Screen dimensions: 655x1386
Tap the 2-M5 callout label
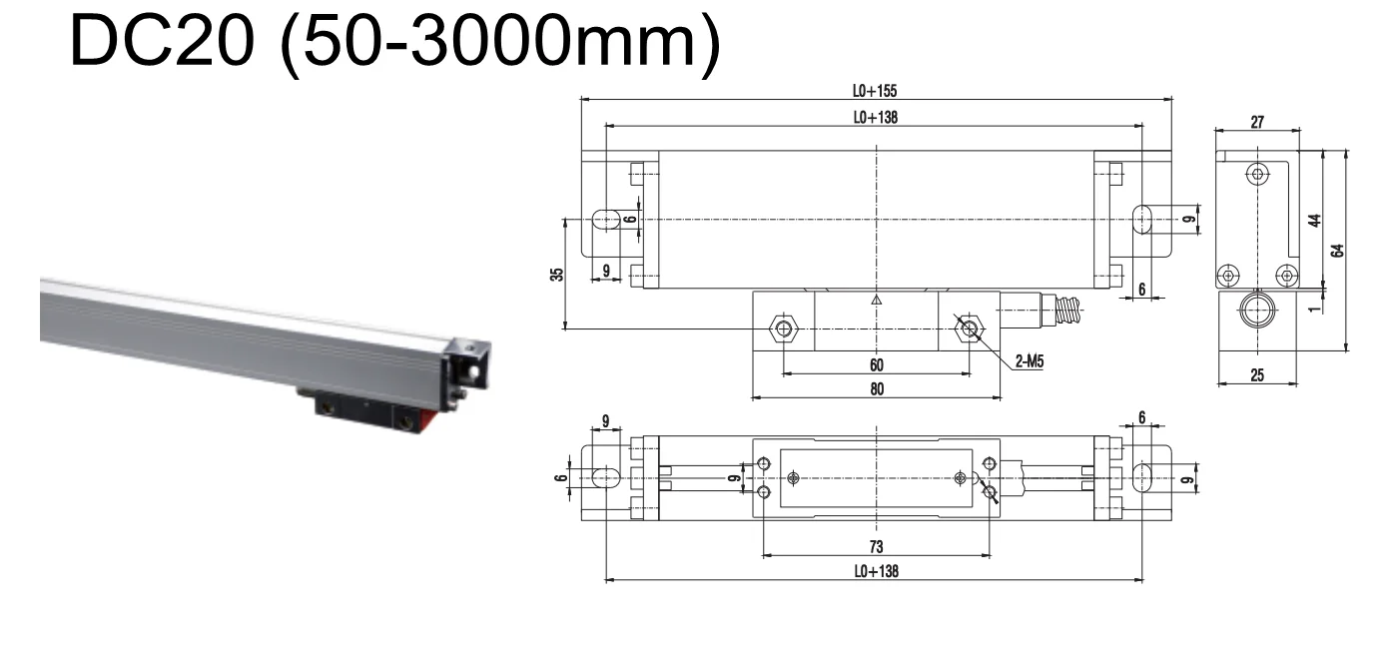tap(1030, 362)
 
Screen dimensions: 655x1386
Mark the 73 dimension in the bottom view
tap(876, 547)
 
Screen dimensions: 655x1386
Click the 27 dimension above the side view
tap(1257, 122)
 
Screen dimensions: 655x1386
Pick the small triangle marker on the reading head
tap(876, 299)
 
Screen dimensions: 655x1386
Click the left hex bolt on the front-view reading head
tap(784, 328)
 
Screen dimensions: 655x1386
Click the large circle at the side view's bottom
tap(1256, 312)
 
